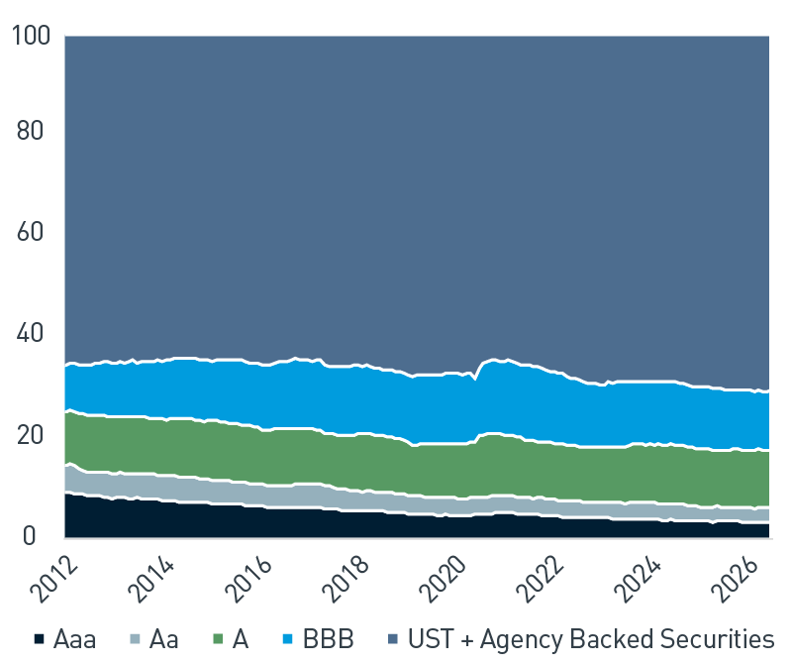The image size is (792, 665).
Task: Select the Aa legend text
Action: pos(164,639)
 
